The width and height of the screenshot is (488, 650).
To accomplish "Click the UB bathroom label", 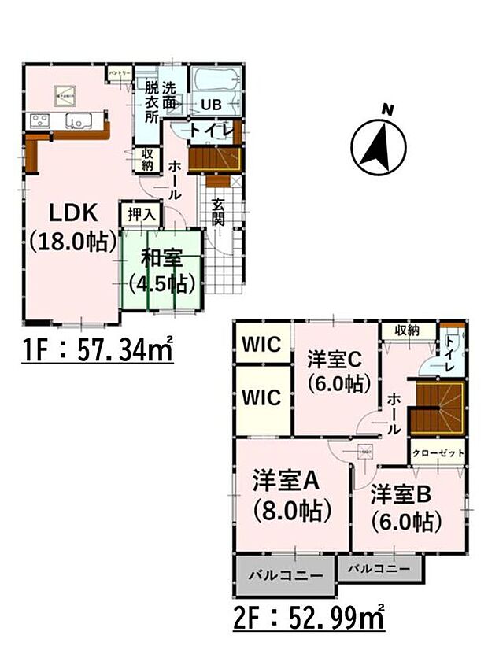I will (211, 105).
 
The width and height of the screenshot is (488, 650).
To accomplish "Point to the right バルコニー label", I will (379, 567).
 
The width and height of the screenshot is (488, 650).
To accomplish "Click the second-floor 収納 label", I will (407, 329).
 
